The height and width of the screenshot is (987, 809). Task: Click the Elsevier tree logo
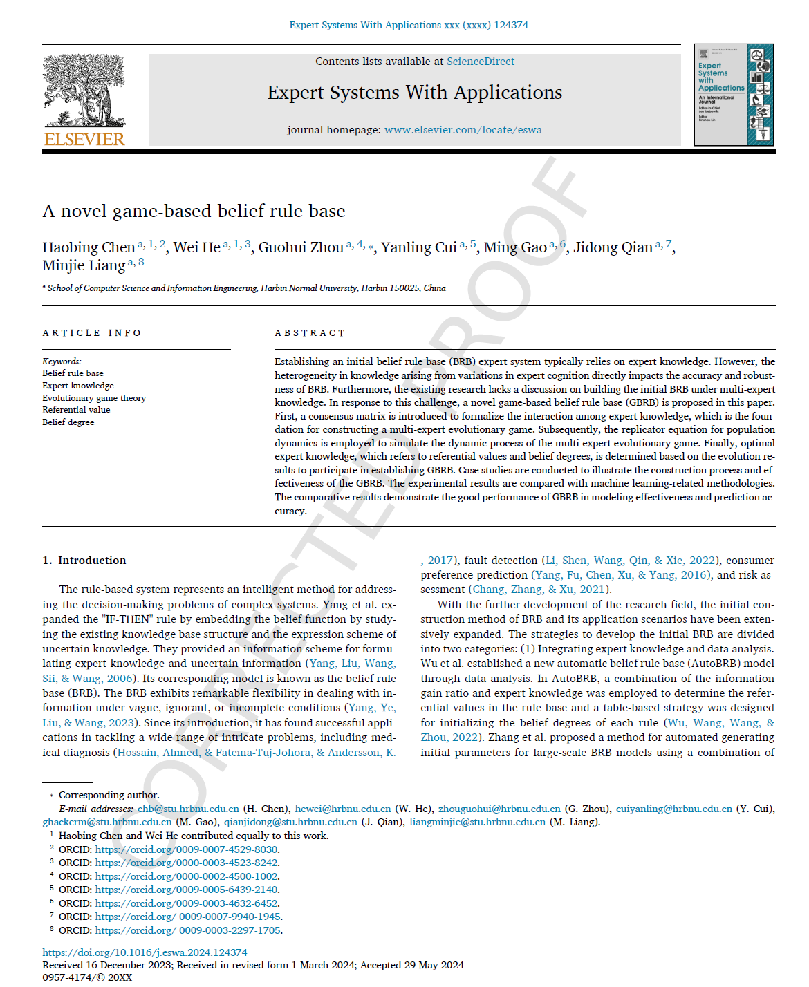[84, 90]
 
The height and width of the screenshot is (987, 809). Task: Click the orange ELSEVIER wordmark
[84, 140]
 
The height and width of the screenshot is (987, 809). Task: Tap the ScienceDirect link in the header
[480, 62]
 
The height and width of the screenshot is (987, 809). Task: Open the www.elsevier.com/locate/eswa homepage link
[463, 130]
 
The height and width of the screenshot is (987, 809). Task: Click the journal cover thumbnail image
[734, 95]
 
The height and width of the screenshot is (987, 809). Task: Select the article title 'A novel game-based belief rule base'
[194, 211]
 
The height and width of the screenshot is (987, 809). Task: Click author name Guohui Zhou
[301, 247]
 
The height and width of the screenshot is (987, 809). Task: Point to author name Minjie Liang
[84, 265]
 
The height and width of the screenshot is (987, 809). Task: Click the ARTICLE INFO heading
[92, 333]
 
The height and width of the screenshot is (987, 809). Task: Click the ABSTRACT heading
[310, 333]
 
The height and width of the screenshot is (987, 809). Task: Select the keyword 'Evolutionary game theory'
[94, 398]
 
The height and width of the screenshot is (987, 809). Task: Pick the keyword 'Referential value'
[76, 410]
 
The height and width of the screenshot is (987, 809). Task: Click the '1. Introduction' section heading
[84, 561]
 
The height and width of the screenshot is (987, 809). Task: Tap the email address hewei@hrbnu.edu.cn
[343, 809]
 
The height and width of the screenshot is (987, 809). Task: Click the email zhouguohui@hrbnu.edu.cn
[499, 809]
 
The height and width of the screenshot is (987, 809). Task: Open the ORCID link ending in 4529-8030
[187, 849]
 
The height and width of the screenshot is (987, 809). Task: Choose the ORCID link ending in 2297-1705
[188, 930]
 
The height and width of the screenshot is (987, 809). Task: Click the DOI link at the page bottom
[145, 952]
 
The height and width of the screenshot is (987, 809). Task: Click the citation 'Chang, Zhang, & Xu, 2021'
[539, 590]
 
